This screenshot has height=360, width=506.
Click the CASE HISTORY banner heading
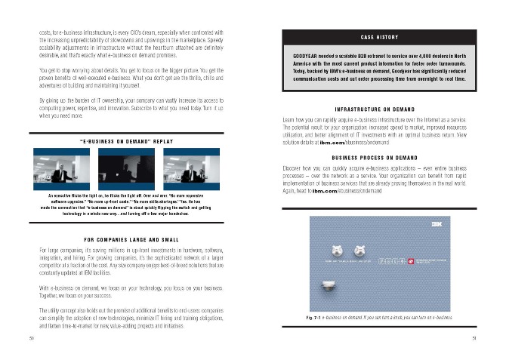(380, 37)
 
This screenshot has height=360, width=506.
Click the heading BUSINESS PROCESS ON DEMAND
(379, 157)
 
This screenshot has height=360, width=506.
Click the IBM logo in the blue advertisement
(437, 224)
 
